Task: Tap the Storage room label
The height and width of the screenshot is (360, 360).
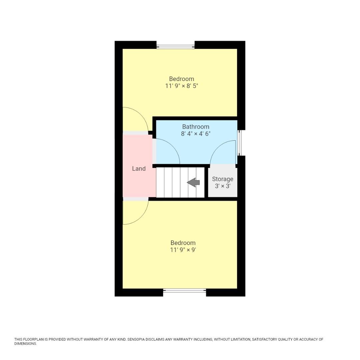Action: click(x=223, y=179)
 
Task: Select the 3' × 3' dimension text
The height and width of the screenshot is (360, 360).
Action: click(x=223, y=186)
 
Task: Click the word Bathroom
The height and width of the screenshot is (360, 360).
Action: click(x=196, y=127)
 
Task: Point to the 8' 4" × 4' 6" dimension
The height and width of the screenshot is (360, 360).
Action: click(x=196, y=134)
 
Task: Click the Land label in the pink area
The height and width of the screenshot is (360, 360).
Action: click(x=139, y=169)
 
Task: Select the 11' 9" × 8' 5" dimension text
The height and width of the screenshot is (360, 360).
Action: click(x=182, y=86)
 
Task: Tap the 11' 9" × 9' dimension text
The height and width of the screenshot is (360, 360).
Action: click(x=183, y=250)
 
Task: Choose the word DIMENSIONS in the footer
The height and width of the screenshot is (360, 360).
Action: click(x=25, y=344)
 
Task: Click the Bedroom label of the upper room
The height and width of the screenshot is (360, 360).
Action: click(x=182, y=79)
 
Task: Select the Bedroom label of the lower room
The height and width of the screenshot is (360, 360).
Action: click(x=183, y=243)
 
